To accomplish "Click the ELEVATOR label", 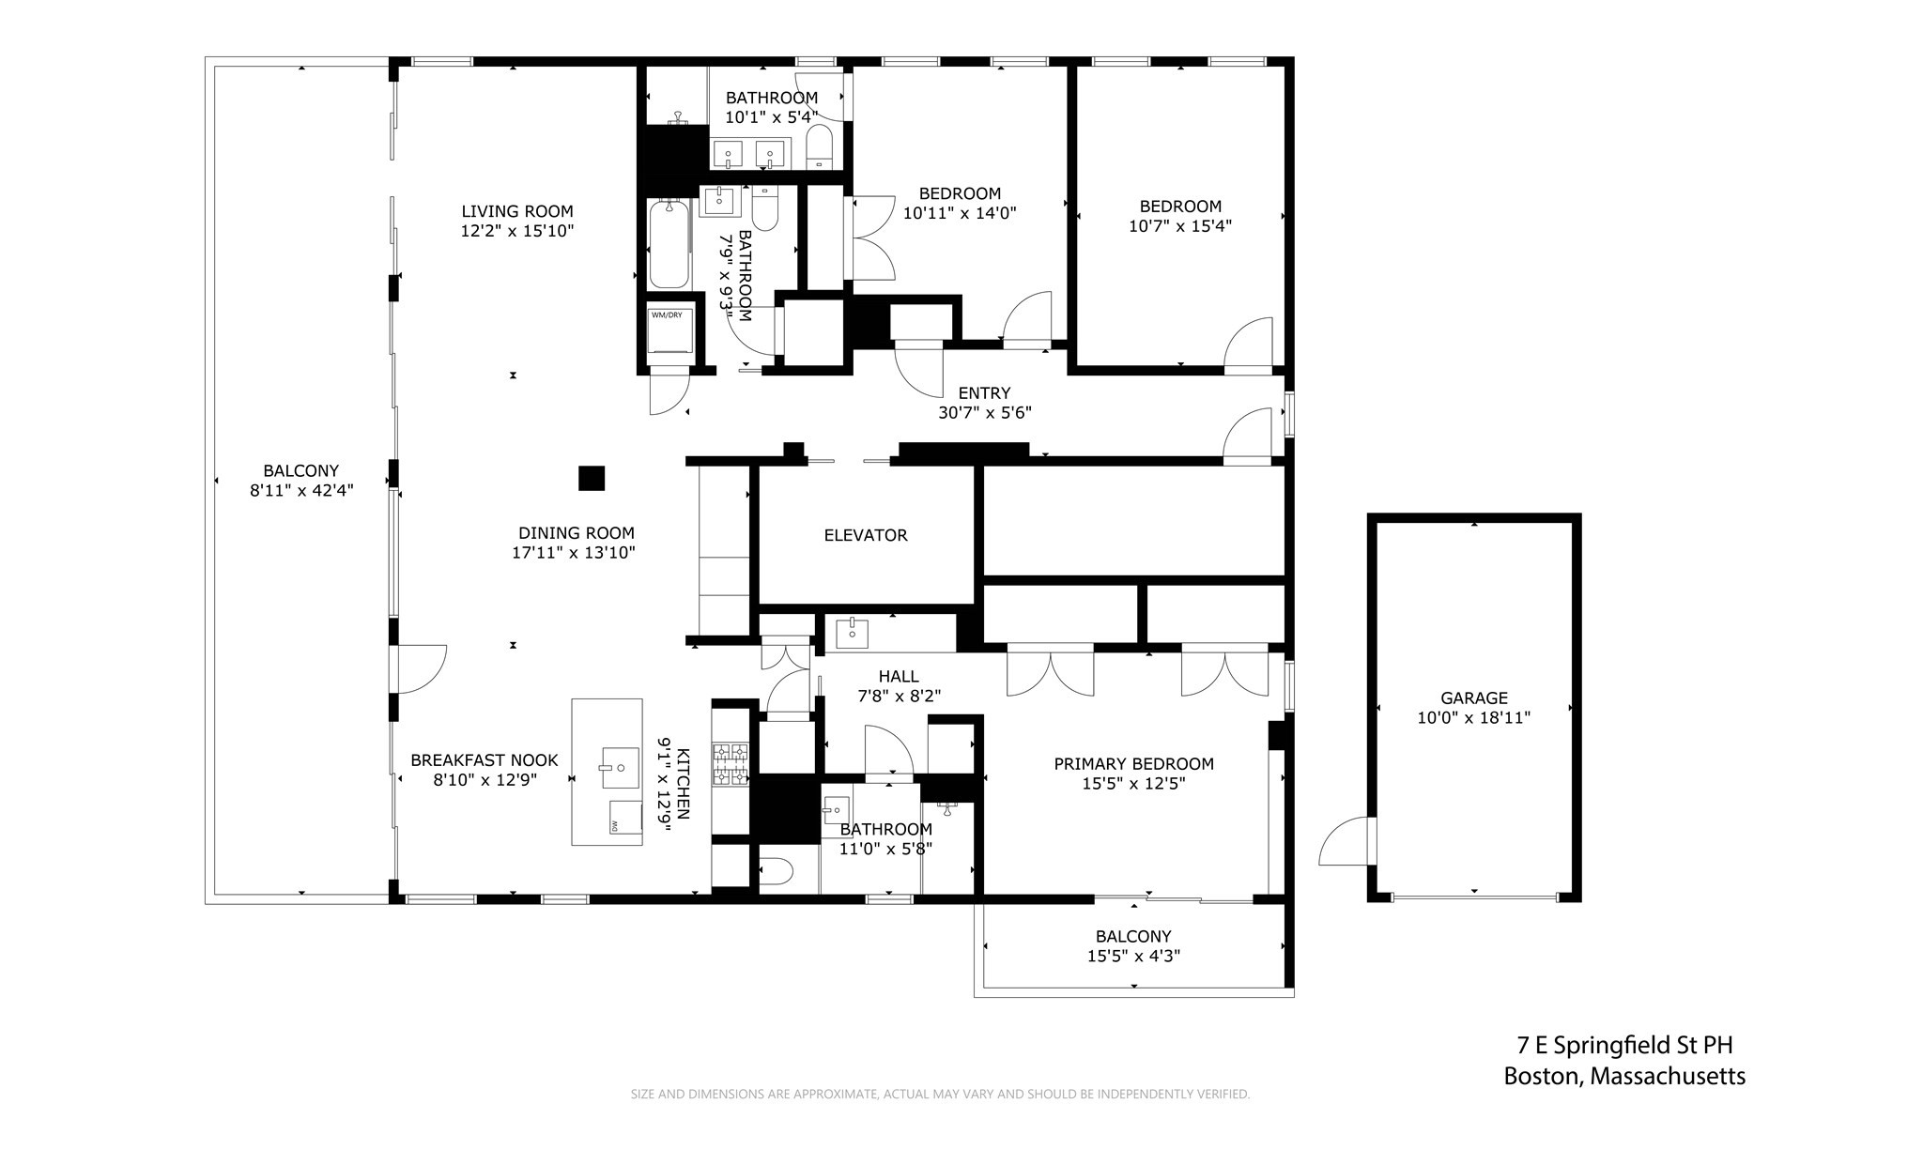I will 865,535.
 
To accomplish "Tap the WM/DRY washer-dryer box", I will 669,330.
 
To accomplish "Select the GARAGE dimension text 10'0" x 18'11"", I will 1473,718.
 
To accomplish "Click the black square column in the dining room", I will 591,478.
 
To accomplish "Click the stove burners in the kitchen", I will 731,763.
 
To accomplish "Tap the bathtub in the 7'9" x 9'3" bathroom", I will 669,245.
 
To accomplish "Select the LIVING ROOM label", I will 516,211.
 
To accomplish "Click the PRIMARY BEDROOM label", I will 1132,763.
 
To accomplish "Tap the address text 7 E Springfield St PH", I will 1623,1045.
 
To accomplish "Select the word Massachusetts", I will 1669,1076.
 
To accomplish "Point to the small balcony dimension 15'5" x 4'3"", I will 1132,956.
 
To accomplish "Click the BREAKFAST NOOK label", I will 484,760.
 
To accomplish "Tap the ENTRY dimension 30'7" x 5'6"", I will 984,412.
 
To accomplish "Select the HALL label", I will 898,676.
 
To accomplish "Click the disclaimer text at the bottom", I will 939,1094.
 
